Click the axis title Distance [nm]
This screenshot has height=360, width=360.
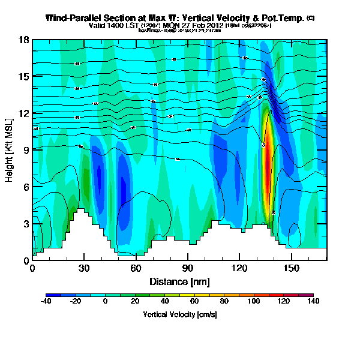click(179, 281)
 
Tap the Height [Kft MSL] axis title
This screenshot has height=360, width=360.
click(10, 150)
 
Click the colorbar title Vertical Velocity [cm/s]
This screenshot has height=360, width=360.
click(179, 314)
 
